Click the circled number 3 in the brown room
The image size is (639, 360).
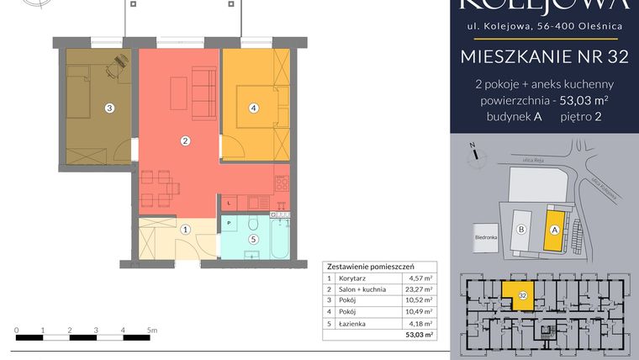109,108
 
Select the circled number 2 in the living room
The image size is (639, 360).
186,140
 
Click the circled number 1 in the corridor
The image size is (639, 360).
186,229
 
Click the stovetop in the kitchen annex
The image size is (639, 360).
282,182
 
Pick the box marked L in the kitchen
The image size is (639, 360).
229,203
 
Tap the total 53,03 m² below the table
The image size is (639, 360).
419,335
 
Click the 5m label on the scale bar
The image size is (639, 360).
151,330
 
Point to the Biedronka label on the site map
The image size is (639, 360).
487,237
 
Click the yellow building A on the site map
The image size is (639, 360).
554,228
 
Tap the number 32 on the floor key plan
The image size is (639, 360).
523,295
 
